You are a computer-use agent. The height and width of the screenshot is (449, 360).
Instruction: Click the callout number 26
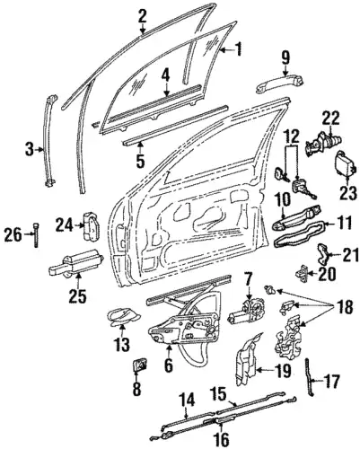click(x=13, y=234)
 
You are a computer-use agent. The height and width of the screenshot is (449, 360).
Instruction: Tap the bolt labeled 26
click(x=36, y=234)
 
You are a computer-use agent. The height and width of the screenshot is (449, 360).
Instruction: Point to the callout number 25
click(x=77, y=295)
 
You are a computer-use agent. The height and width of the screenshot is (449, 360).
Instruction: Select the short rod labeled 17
click(x=310, y=377)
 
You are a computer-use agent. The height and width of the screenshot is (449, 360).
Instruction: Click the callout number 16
click(x=222, y=439)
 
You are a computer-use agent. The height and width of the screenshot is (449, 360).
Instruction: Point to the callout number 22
click(x=331, y=119)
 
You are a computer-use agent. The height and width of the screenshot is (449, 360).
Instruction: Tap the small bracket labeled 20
click(x=302, y=272)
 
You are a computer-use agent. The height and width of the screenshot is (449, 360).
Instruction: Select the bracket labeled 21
click(x=323, y=253)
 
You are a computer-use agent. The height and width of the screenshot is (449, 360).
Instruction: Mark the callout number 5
click(x=140, y=160)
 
